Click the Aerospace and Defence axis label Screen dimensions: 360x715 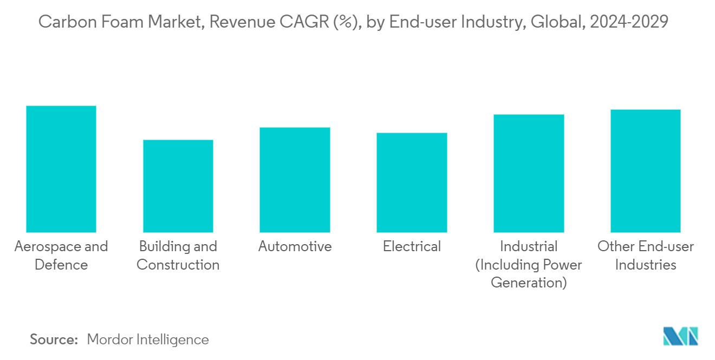[61, 256]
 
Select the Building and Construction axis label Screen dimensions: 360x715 [178, 256]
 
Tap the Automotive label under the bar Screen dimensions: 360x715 [295, 247]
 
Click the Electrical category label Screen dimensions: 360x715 [412, 247]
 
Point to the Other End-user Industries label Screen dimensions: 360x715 [645, 256]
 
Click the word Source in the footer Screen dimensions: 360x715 [54, 339]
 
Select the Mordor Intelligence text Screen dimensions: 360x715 [147, 339]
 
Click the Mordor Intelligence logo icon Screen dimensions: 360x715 [680, 336]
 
